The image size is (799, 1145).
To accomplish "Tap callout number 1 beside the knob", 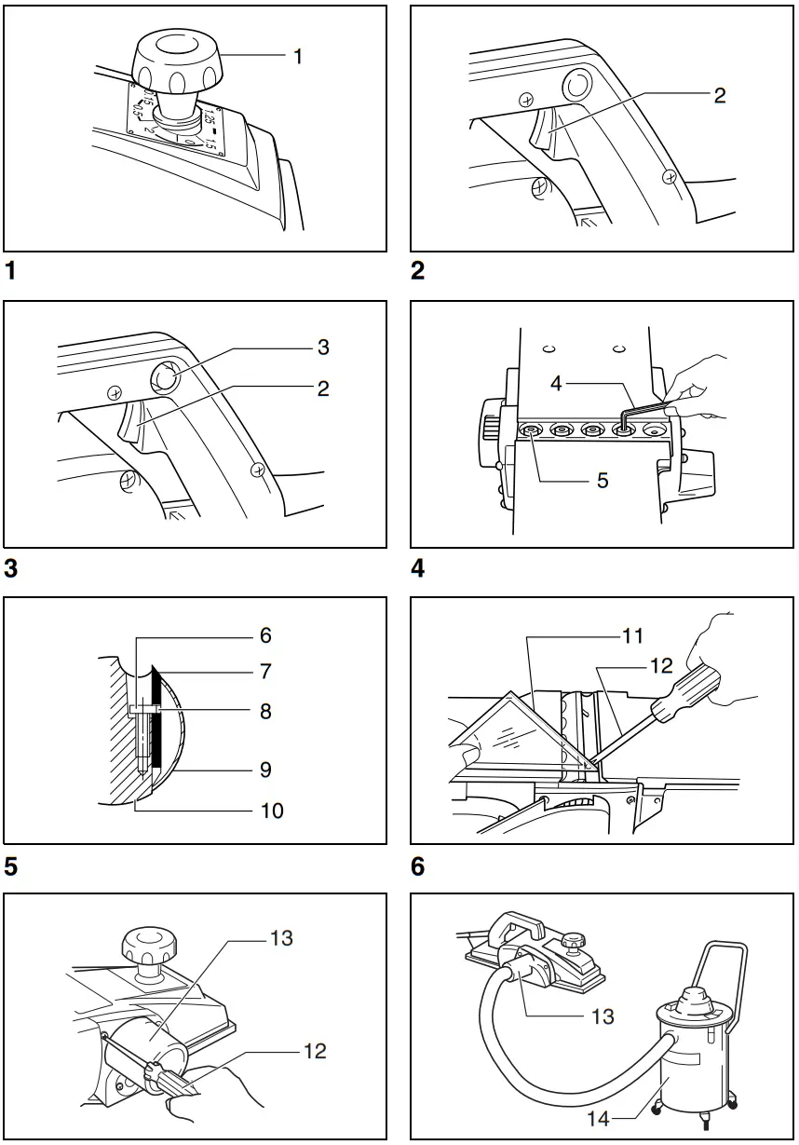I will [298, 57].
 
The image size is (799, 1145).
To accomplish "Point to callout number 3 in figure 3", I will [322, 348].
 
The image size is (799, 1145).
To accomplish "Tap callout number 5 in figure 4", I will [602, 481].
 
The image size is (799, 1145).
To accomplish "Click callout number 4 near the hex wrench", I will [556, 383].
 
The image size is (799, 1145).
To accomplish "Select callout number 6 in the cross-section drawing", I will [266, 635].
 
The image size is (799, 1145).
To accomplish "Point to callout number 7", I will [266, 671].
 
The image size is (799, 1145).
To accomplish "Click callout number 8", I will [266, 712].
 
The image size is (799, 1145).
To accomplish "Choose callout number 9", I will [266, 770].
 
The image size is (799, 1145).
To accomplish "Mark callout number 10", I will [271, 811].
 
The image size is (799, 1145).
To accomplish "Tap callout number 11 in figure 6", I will [633, 637].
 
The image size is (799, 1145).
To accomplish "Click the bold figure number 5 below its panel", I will [10, 867].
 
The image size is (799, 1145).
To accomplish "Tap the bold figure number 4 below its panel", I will [418, 568].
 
